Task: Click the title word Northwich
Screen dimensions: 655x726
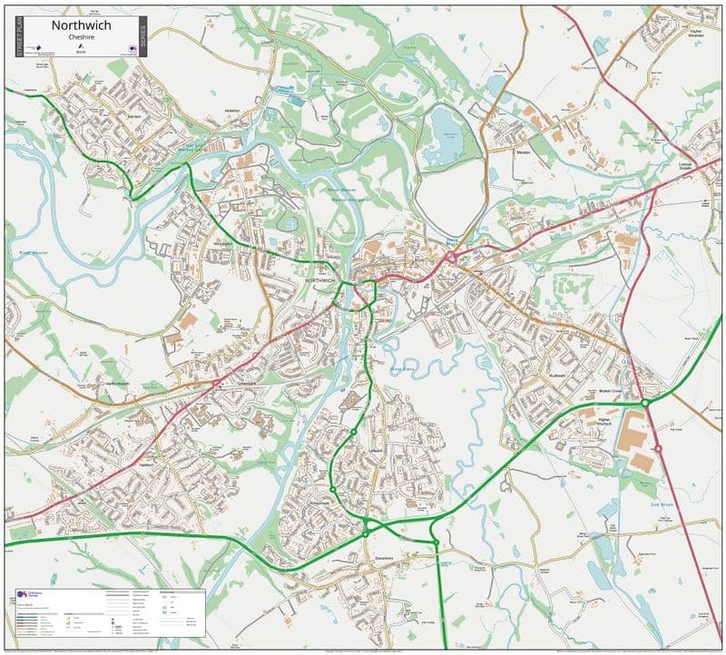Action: point(81,25)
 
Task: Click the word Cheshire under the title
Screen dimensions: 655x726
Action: point(81,37)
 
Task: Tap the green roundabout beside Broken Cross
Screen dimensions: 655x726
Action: point(643,402)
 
